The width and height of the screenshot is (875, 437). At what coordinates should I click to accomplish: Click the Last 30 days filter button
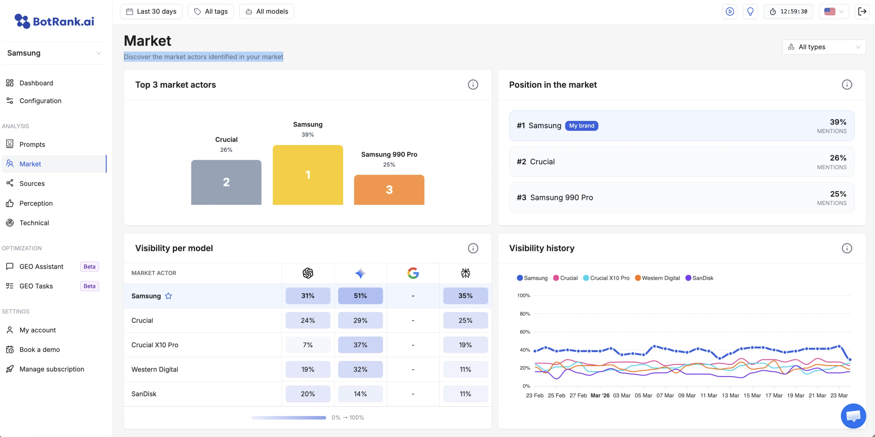tap(151, 12)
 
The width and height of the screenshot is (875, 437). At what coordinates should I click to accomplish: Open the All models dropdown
tap(267, 12)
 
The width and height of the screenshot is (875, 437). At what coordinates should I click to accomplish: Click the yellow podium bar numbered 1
tap(308, 175)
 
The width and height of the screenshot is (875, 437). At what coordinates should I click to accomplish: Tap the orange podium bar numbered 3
tap(389, 190)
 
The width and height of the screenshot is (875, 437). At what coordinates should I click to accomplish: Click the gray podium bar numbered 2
tap(226, 182)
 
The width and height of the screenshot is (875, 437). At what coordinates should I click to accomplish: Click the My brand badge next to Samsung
tap(582, 126)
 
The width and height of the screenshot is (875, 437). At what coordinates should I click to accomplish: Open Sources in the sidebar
tap(32, 184)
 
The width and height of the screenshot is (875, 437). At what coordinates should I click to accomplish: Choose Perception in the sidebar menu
tap(36, 203)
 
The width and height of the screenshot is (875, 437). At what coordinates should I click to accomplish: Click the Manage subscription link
tap(52, 369)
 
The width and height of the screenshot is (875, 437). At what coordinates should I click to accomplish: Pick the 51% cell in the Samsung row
tap(361, 295)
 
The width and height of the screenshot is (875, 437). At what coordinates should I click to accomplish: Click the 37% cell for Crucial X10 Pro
tap(361, 345)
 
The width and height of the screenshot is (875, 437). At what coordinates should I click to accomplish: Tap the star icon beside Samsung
tap(168, 296)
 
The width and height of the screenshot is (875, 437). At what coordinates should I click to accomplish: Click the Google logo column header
tap(413, 273)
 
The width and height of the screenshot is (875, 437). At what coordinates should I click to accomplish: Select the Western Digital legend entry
tap(657, 278)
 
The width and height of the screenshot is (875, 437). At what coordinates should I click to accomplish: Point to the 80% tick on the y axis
tap(525, 314)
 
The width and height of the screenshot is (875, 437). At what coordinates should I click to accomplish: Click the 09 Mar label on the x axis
tap(687, 395)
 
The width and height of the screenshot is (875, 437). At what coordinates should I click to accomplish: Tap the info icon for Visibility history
tap(847, 248)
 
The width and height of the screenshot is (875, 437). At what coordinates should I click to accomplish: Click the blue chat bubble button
tap(853, 416)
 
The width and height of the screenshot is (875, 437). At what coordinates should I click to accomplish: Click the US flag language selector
tap(834, 12)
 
